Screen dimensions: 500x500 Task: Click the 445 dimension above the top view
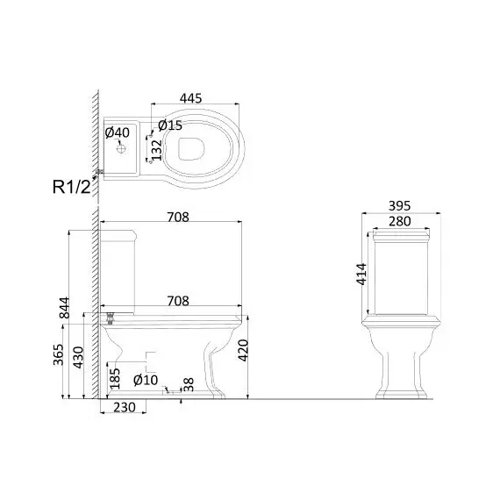(x=190, y=98)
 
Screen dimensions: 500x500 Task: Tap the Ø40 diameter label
(x=118, y=132)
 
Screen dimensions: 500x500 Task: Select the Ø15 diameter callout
(x=170, y=125)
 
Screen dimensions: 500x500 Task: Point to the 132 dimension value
(x=156, y=150)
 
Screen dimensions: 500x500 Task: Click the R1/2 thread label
(x=72, y=187)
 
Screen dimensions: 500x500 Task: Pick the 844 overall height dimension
(x=64, y=308)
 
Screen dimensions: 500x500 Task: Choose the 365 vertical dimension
(x=59, y=354)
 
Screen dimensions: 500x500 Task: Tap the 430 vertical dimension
(x=78, y=357)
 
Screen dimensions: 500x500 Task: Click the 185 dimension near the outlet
(x=115, y=378)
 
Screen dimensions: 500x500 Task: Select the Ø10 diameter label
(x=146, y=380)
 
